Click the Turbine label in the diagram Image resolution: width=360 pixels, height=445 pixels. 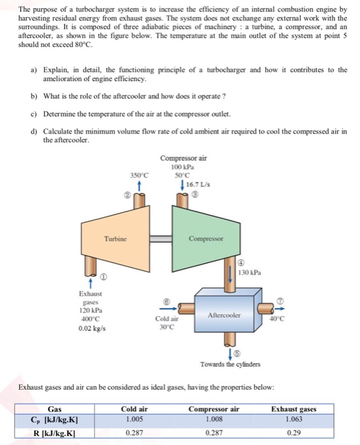(x=116, y=239)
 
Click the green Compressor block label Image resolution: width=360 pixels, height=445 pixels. (x=203, y=240)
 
